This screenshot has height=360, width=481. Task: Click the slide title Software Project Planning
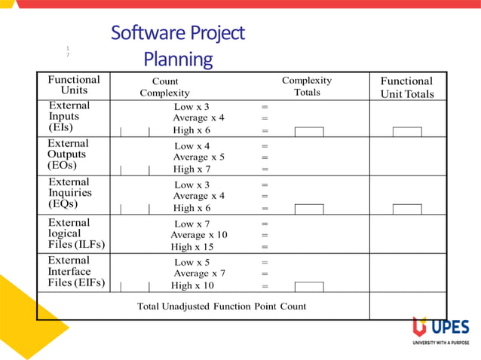tap(178, 45)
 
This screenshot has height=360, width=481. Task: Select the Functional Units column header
tap(73, 84)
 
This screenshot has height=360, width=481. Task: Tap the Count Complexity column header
tap(165, 87)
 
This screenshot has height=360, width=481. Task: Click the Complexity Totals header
tap(307, 86)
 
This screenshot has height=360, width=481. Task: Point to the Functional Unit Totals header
tap(406, 87)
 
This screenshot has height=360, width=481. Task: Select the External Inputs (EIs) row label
tap(69, 117)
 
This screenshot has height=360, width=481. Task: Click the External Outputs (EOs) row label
tap(68, 154)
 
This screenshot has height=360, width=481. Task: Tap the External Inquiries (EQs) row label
tap(69, 192)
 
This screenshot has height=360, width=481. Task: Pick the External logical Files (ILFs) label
tap(75, 233)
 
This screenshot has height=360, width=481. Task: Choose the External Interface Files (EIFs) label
tap(75, 271)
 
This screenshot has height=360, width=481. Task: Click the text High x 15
tap(194, 246)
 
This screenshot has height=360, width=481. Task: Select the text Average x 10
tap(198, 234)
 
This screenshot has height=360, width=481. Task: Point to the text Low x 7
tap(192, 223)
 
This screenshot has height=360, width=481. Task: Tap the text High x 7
tap(194, 169)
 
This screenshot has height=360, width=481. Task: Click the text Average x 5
tap(198, 157)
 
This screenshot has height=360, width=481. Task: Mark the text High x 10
tap(192, 285)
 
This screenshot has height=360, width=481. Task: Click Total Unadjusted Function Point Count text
tap(222, 307)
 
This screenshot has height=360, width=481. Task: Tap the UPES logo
tap(441, 330)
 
